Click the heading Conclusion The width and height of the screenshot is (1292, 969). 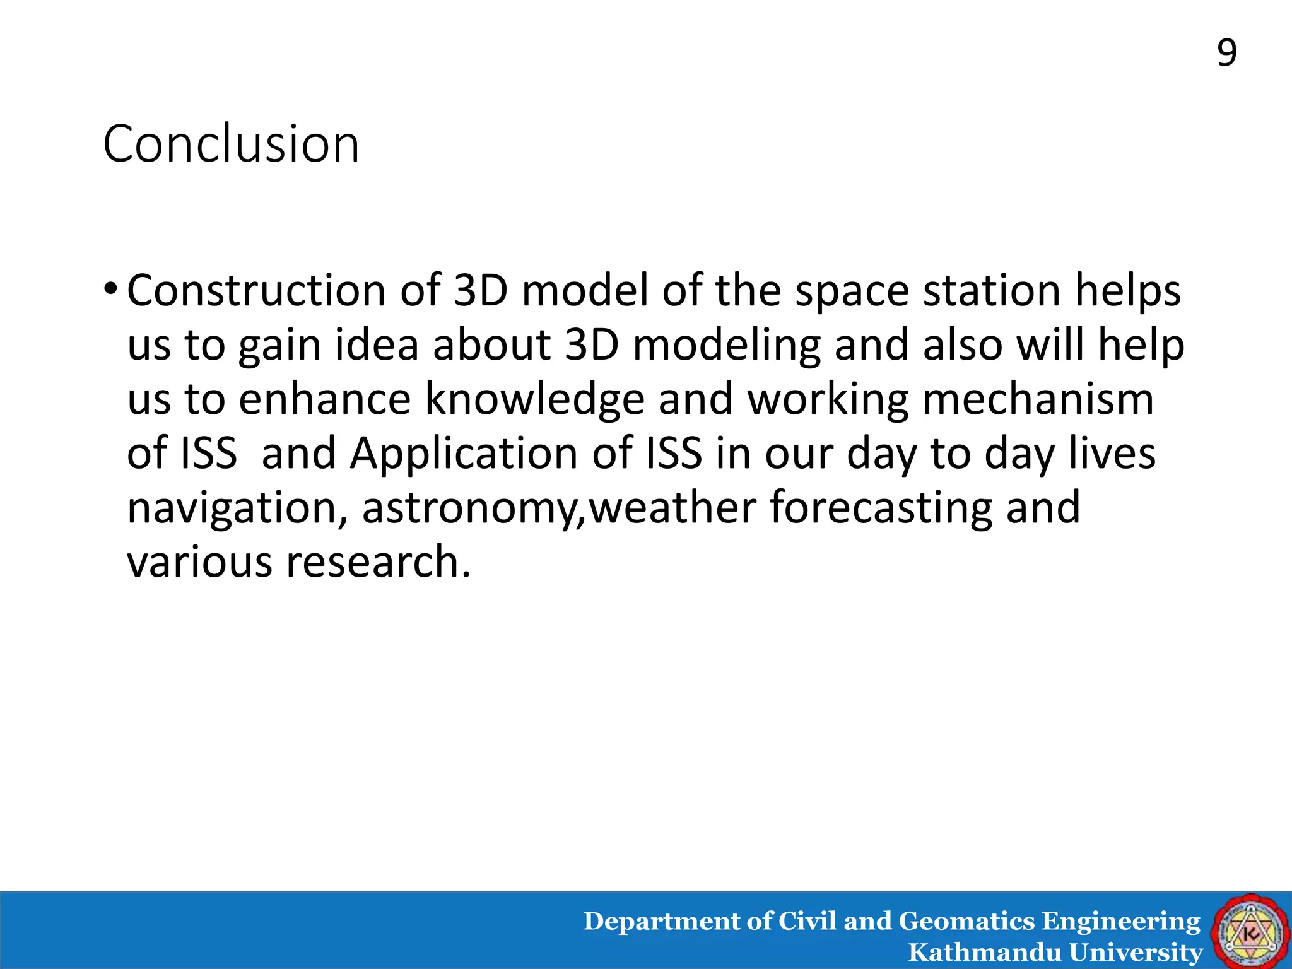pyautogui.click(x=231, y=144)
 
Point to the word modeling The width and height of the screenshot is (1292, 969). pyautogui.click(x=726, y=346)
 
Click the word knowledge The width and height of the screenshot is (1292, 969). pyautogui.click(x=534, y=400)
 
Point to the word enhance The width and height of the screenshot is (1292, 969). pyautogui.click(x=325, y=400)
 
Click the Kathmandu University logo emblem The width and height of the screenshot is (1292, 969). pyautogui.click(x=1250, y=931)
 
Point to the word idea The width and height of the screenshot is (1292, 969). pyautogui.click(x=377, y=346)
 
